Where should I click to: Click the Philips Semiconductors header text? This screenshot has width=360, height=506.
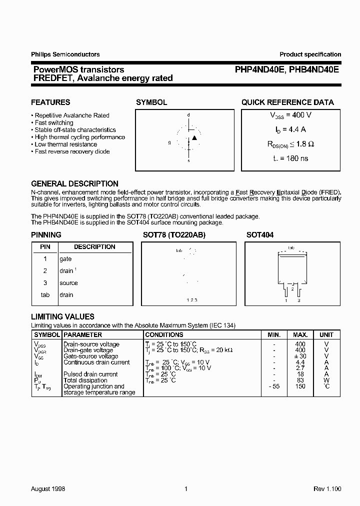pos(65,54)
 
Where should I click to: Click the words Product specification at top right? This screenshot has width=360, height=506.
pos(310,54)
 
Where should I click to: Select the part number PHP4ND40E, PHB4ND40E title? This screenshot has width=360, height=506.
pos(287,70)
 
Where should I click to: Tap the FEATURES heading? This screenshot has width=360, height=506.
pos(50,102)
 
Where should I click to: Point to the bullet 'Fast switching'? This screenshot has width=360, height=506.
pos(53,122)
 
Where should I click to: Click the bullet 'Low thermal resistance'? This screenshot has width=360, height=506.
pos(65,144)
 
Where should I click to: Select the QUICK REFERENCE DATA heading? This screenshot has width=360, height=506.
pos(287,102)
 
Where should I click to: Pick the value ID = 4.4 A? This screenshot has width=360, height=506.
pos(290,129)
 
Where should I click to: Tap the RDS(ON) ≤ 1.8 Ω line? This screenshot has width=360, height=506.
pos(290,144)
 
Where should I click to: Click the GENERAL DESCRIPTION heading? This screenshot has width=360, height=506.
pos(74,183)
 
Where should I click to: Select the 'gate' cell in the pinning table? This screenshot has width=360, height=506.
pos(65,259)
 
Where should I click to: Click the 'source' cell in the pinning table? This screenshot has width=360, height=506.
pos(68,283)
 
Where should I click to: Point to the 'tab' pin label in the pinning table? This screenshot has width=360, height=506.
pos(45,295)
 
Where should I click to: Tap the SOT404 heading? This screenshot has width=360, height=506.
pos(260,234)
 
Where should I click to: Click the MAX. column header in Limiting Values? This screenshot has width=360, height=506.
pos(300,334)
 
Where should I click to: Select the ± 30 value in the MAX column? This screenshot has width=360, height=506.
pos(300,356)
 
